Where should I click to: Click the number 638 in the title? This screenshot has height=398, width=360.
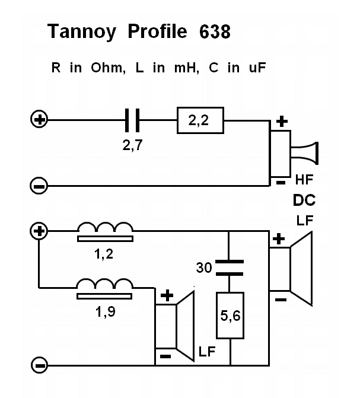(211, 31)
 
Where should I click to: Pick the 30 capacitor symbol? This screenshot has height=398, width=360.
(228, 268)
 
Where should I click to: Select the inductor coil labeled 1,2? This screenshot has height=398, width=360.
(105, 231)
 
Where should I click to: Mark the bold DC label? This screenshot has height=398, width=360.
(304, 199)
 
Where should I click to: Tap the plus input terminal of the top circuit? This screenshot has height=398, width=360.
(39, 120)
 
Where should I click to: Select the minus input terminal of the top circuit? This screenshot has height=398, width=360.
(39, 186)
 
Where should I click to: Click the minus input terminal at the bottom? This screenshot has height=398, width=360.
(39, 364)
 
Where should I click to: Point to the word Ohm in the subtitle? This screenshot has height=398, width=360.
(107, 68)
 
